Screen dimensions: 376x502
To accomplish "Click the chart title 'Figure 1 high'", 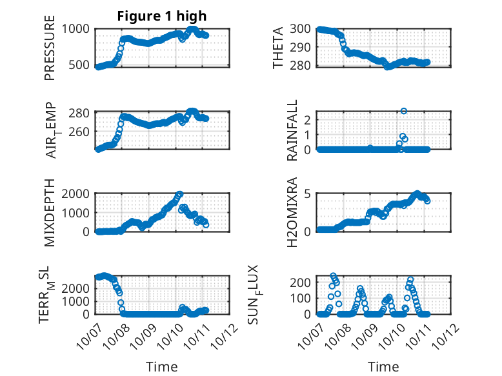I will [161, 16].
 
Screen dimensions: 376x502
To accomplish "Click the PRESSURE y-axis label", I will [50, 47].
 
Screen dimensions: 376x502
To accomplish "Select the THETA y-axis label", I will [278, 47].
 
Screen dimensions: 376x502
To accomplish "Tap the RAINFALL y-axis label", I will [292, 130].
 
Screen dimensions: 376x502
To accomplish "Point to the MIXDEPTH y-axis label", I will [50, 213].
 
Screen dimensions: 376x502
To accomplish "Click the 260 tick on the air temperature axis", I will [81, 131].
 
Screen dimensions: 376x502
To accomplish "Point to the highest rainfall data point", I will [404, 111].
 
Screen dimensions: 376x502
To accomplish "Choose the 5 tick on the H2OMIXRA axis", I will [308, 193].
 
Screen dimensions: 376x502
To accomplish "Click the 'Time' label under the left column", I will [161, 366].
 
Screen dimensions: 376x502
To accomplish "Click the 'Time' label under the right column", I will [383, 366].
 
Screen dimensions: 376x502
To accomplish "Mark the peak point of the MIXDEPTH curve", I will [179, 194].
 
